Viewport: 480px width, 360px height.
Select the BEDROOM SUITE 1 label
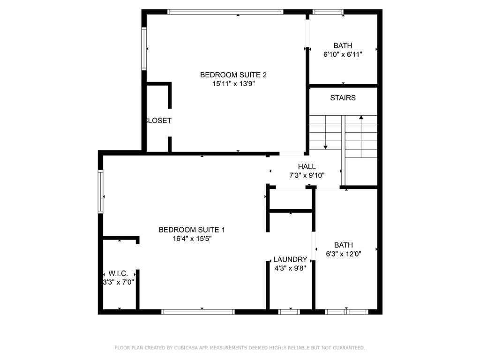click(192, 230)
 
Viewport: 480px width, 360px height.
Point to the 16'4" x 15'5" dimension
click(192, 239)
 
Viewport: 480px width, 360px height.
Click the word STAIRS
click(343, 98)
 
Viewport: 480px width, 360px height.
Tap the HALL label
click(307, 166)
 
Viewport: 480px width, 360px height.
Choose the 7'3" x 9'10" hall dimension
click(307, 175)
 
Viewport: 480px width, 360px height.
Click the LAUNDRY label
click(290, 259)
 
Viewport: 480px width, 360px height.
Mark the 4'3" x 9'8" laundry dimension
click(290, 268)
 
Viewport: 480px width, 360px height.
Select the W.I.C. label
click(118, 273)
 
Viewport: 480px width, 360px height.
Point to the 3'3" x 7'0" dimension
click(119, 282)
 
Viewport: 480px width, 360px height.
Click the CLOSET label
click(158, 120)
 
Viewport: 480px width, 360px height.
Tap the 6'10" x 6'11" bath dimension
click(343, 54)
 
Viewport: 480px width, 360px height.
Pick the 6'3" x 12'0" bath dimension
click(344, 254)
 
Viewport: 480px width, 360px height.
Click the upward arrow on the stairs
click(361, 118)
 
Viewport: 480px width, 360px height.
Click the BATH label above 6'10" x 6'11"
click(343, 45)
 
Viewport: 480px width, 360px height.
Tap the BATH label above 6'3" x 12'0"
click(344, 245)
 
